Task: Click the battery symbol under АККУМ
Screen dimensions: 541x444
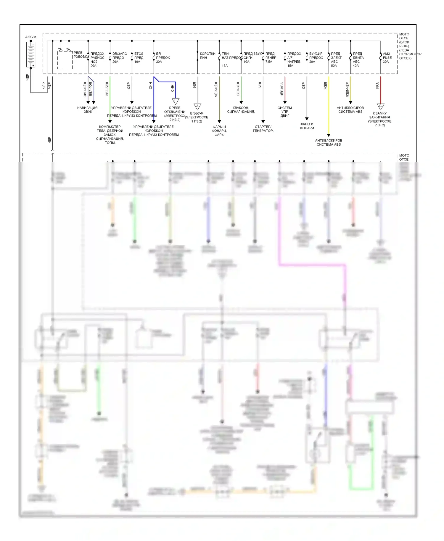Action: point(30,54)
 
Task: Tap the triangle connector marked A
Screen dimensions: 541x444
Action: point(197,107)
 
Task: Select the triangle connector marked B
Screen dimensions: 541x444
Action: point(380,107)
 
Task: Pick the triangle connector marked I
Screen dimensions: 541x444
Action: point(176,101)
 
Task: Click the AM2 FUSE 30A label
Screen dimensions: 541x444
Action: point(387,58)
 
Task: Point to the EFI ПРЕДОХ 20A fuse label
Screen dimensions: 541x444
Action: point(163,58)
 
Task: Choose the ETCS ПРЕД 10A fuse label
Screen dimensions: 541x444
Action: point(139,58)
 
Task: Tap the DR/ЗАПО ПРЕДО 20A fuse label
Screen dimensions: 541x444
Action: point(120,58)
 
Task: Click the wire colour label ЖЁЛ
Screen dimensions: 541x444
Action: point(325,86)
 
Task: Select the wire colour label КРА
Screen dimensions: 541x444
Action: point(377,86)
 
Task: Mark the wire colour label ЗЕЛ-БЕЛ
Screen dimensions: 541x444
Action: point(107,89)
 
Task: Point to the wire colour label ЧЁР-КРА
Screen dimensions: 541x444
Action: point(282,89)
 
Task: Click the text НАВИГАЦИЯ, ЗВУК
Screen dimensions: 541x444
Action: point(88,110)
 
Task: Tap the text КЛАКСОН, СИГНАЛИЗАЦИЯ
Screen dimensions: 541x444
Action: point(241,110)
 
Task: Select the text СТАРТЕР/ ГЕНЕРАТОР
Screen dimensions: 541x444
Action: point(263,129)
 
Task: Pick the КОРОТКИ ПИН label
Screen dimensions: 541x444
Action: point(207,56)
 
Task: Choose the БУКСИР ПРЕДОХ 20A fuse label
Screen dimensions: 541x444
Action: point(316,58)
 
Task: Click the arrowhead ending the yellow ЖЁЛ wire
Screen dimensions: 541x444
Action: point(329,135)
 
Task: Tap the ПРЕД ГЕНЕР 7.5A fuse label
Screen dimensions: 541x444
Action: point(271,58)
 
